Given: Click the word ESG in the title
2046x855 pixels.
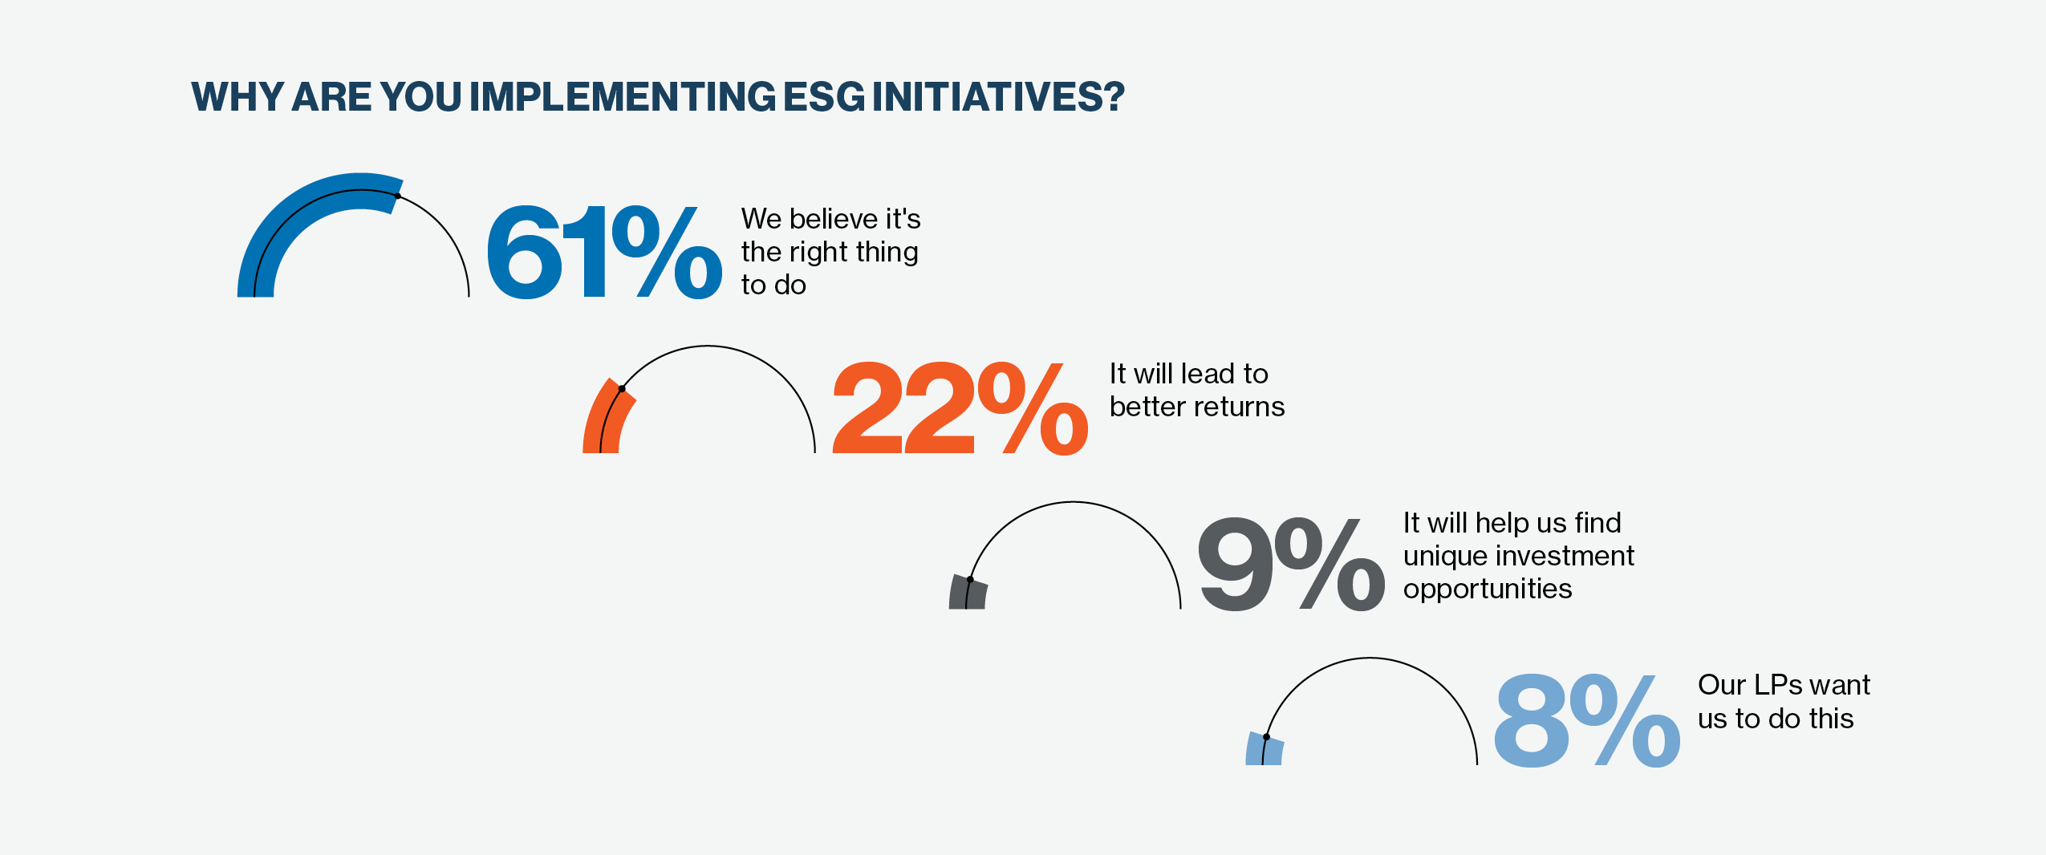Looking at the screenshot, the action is pos(824,97).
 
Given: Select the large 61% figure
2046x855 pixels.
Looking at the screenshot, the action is pos(604,253).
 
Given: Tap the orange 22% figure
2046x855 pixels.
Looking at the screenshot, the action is pos(960,408).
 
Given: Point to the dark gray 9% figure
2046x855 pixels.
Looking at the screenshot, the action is pos(1291,564).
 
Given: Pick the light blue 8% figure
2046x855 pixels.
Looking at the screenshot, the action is pos(1587,719).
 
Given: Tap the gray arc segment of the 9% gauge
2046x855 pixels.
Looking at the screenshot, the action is pos(967,593).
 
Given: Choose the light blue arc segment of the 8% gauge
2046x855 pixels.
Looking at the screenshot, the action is pos(1264,748).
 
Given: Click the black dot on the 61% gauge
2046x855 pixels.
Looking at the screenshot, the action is pos(398,196).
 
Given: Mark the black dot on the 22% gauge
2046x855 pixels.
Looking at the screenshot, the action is pos(622,389).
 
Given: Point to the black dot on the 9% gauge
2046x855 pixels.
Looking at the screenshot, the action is pos(970,579).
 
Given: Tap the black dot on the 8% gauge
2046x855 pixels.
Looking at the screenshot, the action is pos(1266,736).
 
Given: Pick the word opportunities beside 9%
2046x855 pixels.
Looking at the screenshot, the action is pos(1488,590).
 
